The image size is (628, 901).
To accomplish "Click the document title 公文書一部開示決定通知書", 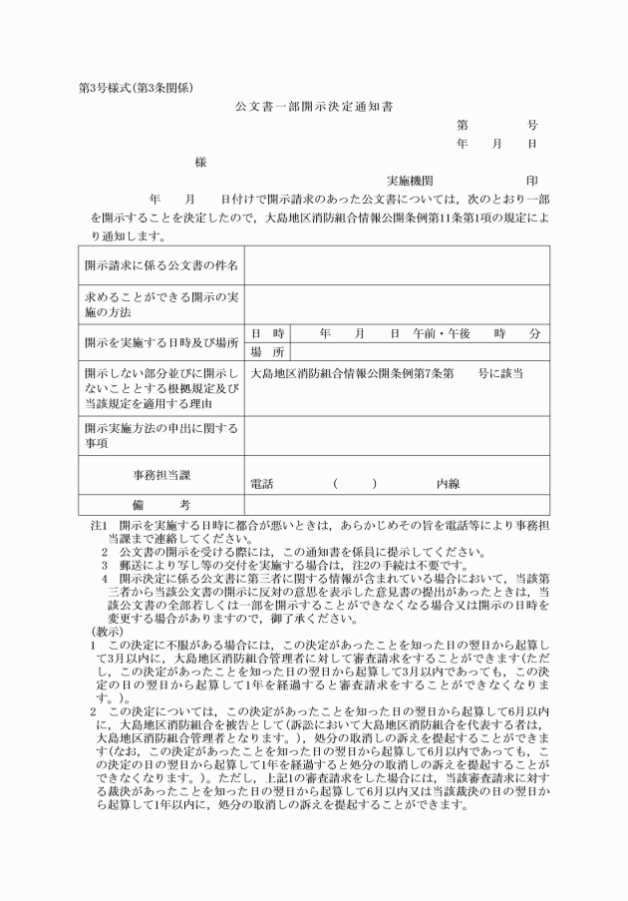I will click(x=314, y=105).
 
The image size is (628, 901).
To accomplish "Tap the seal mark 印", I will click(x=531, y=182).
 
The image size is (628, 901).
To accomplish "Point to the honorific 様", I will click(x=200, y=162).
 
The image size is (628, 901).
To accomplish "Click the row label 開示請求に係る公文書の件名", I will click(x=160, y=266).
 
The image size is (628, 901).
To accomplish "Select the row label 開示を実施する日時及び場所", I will click(x=160, y=343).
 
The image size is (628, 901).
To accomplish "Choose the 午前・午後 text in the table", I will click(x=443, y=333).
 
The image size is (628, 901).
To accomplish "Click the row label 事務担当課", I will click(x=160, y=474).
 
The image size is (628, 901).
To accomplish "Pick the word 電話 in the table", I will click(x=262, y=484).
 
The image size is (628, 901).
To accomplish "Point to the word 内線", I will click(x=448, y=484).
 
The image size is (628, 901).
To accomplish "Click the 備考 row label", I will click(x=160, y=505).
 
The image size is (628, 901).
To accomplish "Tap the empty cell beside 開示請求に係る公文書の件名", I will click(x=397, y=266).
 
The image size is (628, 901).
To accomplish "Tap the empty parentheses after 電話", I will click(x=355, y=484).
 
